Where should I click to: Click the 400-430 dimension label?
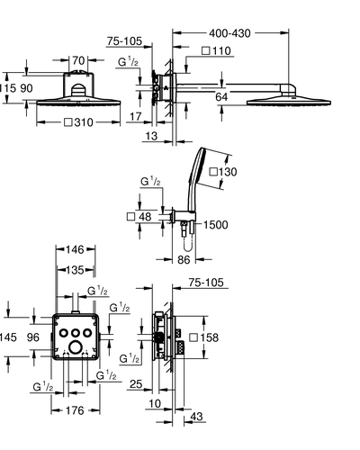[229, 33]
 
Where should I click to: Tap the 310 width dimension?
[79, 122]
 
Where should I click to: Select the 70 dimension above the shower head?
[78, 60]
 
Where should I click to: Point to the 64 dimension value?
[221, 97]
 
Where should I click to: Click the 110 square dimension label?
[217, 50]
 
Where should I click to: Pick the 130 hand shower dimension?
[223, 172]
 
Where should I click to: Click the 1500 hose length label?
[216, 225]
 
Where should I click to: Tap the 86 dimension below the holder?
[184, 259]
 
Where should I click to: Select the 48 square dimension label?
[139, 217]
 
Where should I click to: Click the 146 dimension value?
[75, 249]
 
